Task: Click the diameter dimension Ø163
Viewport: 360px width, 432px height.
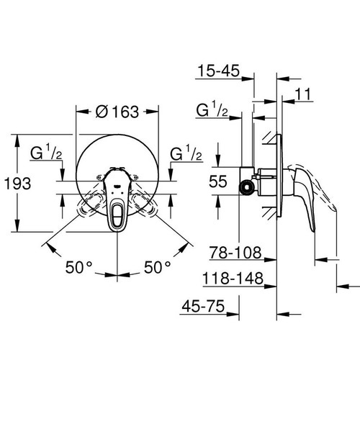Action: click(117, 113)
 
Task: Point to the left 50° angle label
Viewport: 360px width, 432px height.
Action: click(79, 266)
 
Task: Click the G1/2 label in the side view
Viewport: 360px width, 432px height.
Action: click(213, 110)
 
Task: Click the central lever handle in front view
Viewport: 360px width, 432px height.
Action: click(117, 209)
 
